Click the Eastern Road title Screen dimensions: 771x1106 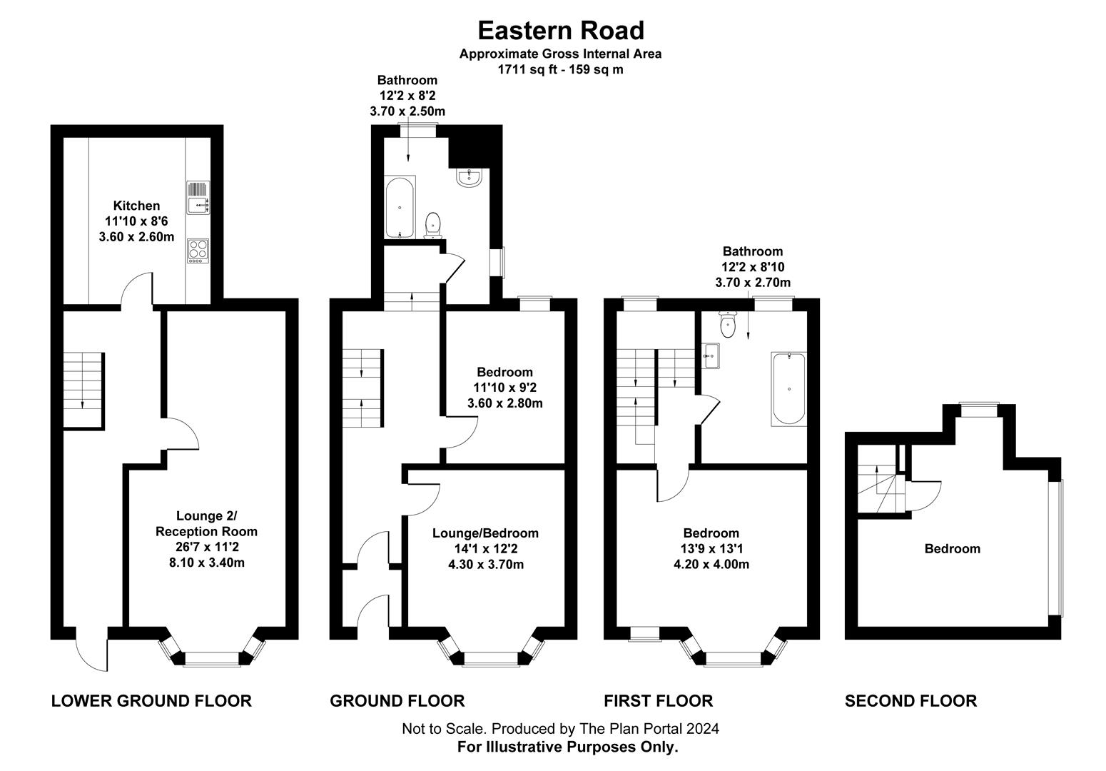tap(560, 31)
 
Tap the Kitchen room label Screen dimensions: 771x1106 tap(136, 206)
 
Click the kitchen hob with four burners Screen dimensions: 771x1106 tap(198, 250)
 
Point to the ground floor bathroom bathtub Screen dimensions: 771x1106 tap(400, 207)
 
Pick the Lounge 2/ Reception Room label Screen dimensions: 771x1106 tap(206, 523)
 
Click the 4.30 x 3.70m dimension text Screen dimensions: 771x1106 tap(485, 565)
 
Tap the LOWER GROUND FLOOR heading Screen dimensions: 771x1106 tap(151, 701)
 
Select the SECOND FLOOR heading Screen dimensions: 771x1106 tap(910, 701)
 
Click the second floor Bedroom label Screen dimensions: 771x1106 tap(952, 548)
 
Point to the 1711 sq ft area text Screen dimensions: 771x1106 tap(560, 70)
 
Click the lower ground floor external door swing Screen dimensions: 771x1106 tap(91, 650)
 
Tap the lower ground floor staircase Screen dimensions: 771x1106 tap(83, 390)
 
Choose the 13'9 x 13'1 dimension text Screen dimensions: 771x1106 tap(711, 549)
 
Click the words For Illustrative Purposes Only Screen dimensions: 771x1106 tap(567, 747)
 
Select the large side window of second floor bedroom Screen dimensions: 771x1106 tap(1059, 548)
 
